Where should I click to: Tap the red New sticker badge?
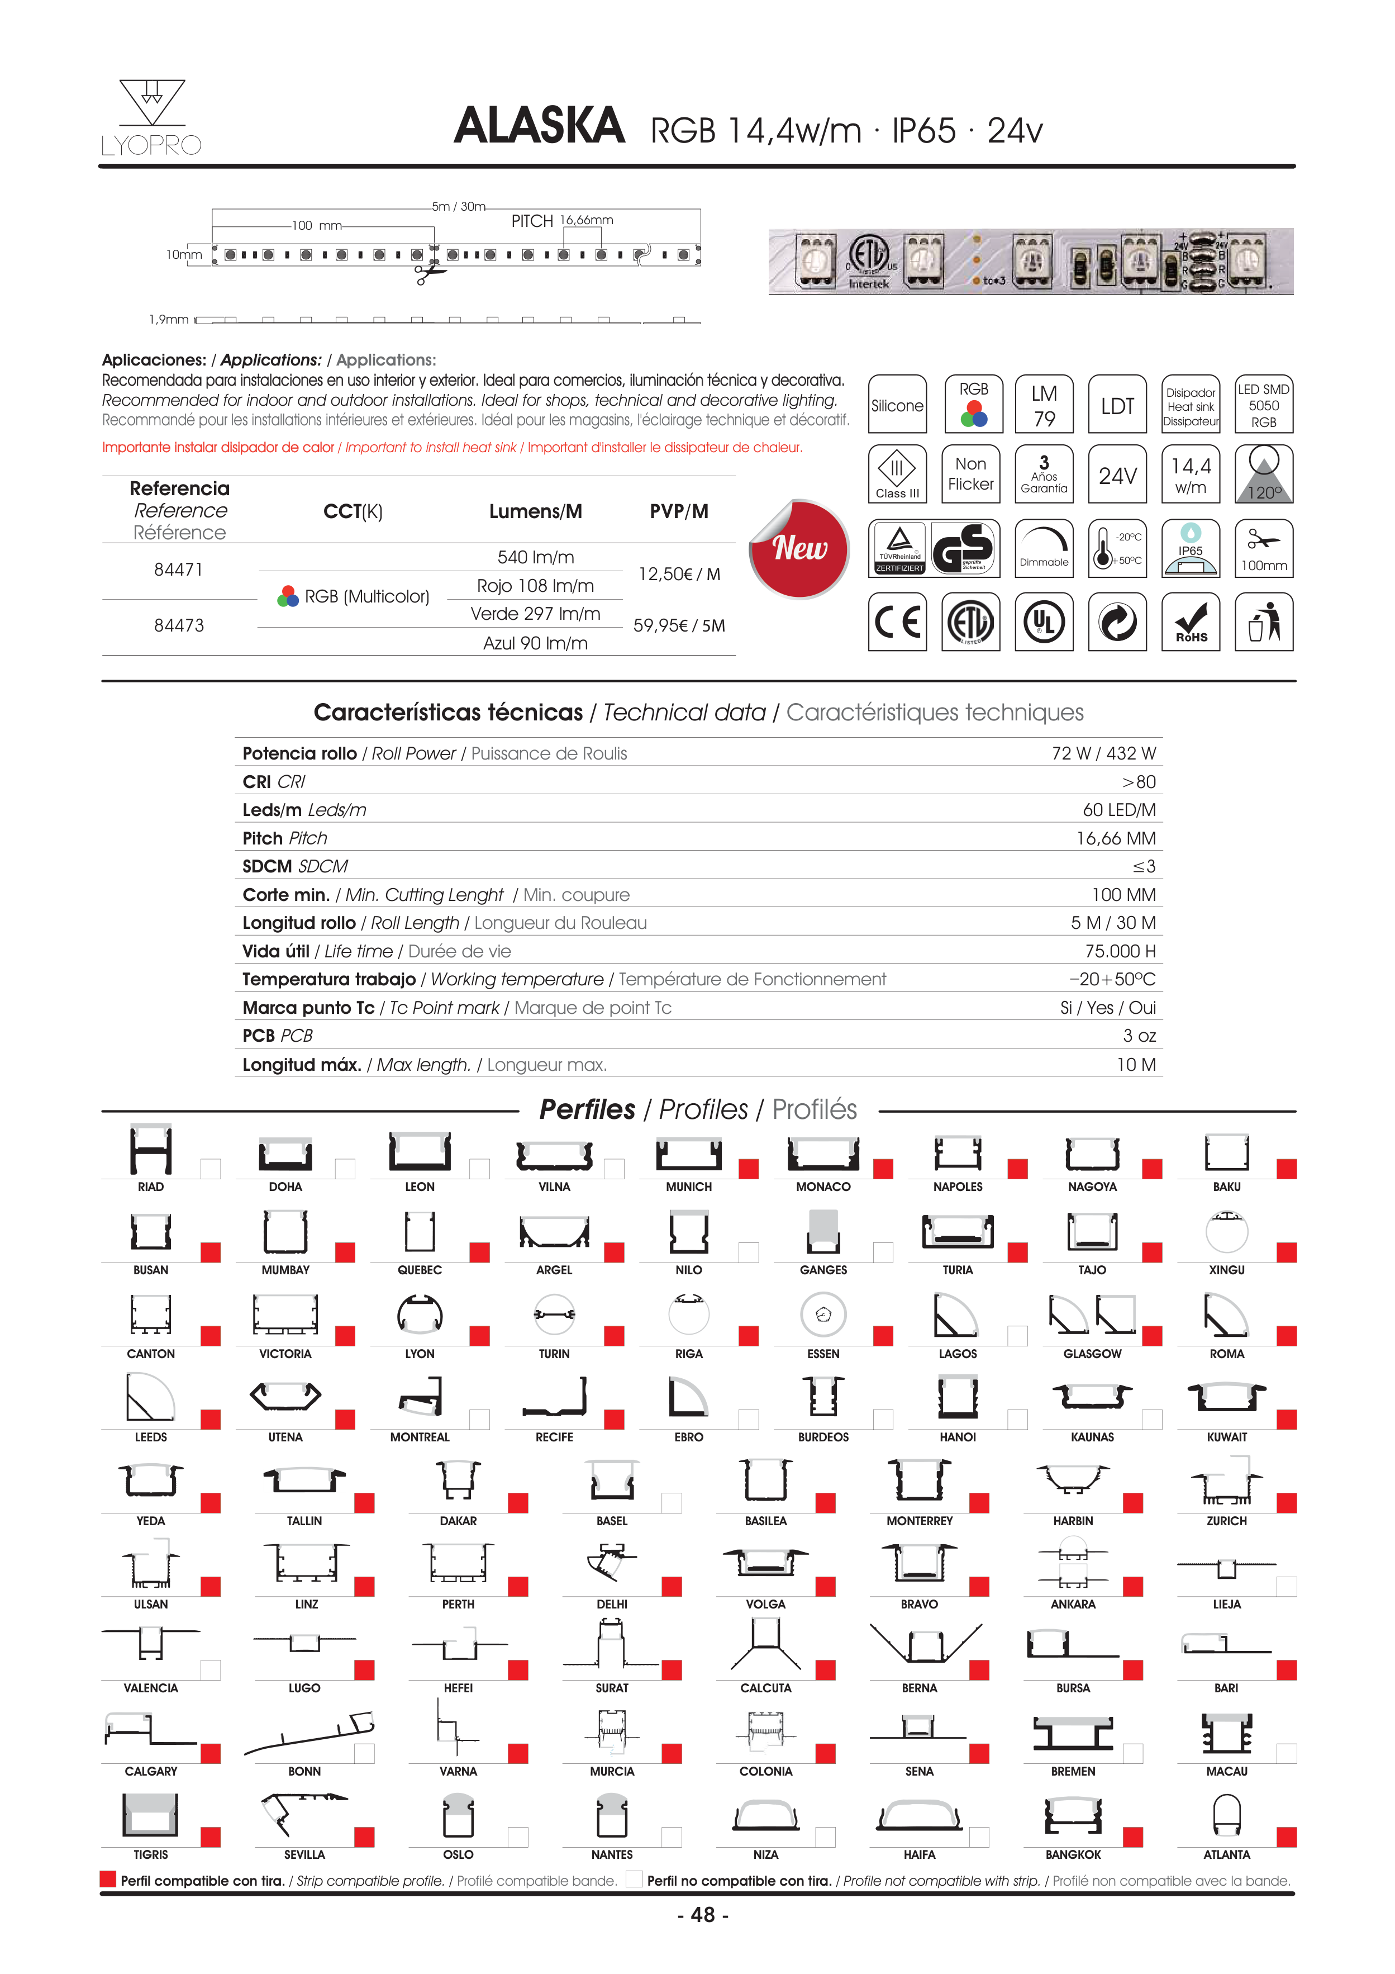(799, 548)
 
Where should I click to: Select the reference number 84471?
(179, 569)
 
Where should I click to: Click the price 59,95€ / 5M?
(679, 626)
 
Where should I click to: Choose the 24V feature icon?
(1117, 474)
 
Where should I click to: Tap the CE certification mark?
(897, 621)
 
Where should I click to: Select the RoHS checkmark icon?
(1191, 621)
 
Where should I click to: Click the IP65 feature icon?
(1191, 548)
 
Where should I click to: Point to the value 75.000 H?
(1120, 951)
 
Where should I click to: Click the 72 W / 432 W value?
(1103, 753)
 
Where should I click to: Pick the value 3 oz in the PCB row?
(1139, 1036)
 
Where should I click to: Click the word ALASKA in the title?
(539, 126)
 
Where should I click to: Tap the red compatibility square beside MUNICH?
(749, 1169)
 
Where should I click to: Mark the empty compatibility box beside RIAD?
(211, 1169)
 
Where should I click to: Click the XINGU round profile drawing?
(1226, 1232)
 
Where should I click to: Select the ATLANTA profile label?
(1226, 1854)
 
